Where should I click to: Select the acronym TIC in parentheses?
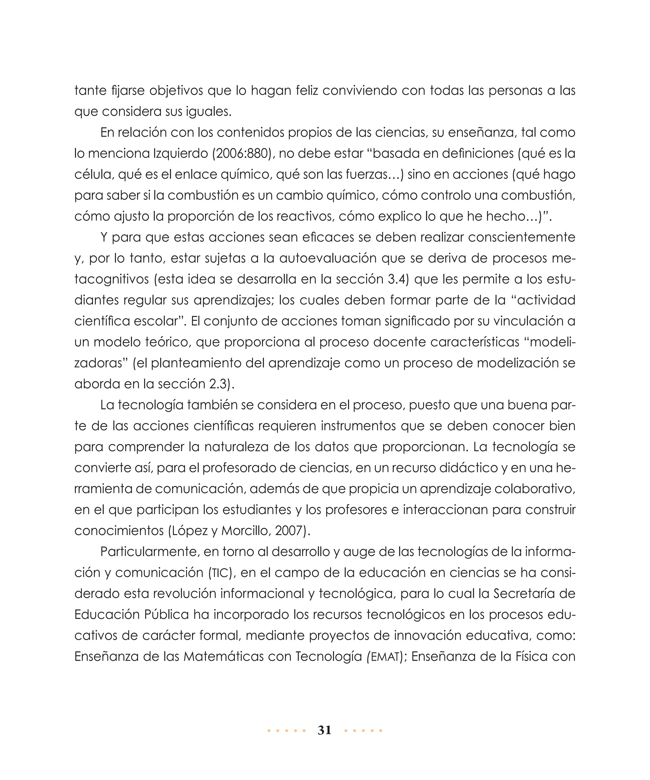click(221, 573)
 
